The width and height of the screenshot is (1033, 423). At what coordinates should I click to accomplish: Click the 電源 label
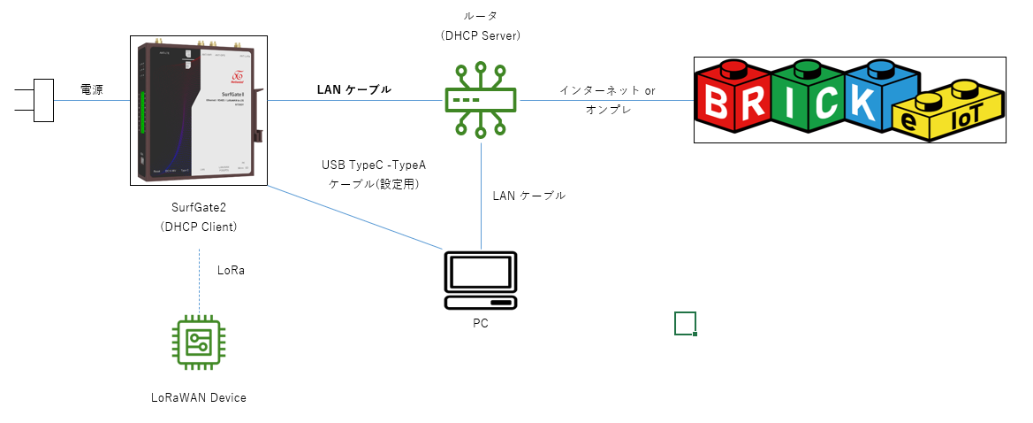pyautogui.click(x=91, y=89)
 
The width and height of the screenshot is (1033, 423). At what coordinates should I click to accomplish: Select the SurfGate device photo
pyautogui.click(x=199, y=111)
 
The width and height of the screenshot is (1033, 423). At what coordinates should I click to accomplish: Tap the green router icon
pyautogui.click(x=481, y=100)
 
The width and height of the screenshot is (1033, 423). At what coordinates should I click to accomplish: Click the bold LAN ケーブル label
pyautogui.click(x=353, y=89)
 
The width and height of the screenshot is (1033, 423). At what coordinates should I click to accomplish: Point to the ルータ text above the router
pyautogui.click(x=481, y=17)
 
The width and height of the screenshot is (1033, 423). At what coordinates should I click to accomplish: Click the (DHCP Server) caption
pyautogui.click(x=481, y=36)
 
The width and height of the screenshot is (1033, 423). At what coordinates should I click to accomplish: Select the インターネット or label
pyautogui.click(x=607, y=90)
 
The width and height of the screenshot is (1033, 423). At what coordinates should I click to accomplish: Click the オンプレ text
pyautogui.click(x=606, y=109)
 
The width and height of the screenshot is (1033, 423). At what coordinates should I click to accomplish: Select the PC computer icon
pyautogui.click(x=481, y=280)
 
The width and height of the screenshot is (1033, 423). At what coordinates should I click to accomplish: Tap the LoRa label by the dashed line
pyautogui.click(x=231, y=270)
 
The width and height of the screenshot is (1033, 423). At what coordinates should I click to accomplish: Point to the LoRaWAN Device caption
pyautogui.click(x=199, y=397)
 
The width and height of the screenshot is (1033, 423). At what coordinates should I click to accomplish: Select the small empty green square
pyautogui.click(x=686, y=324)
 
